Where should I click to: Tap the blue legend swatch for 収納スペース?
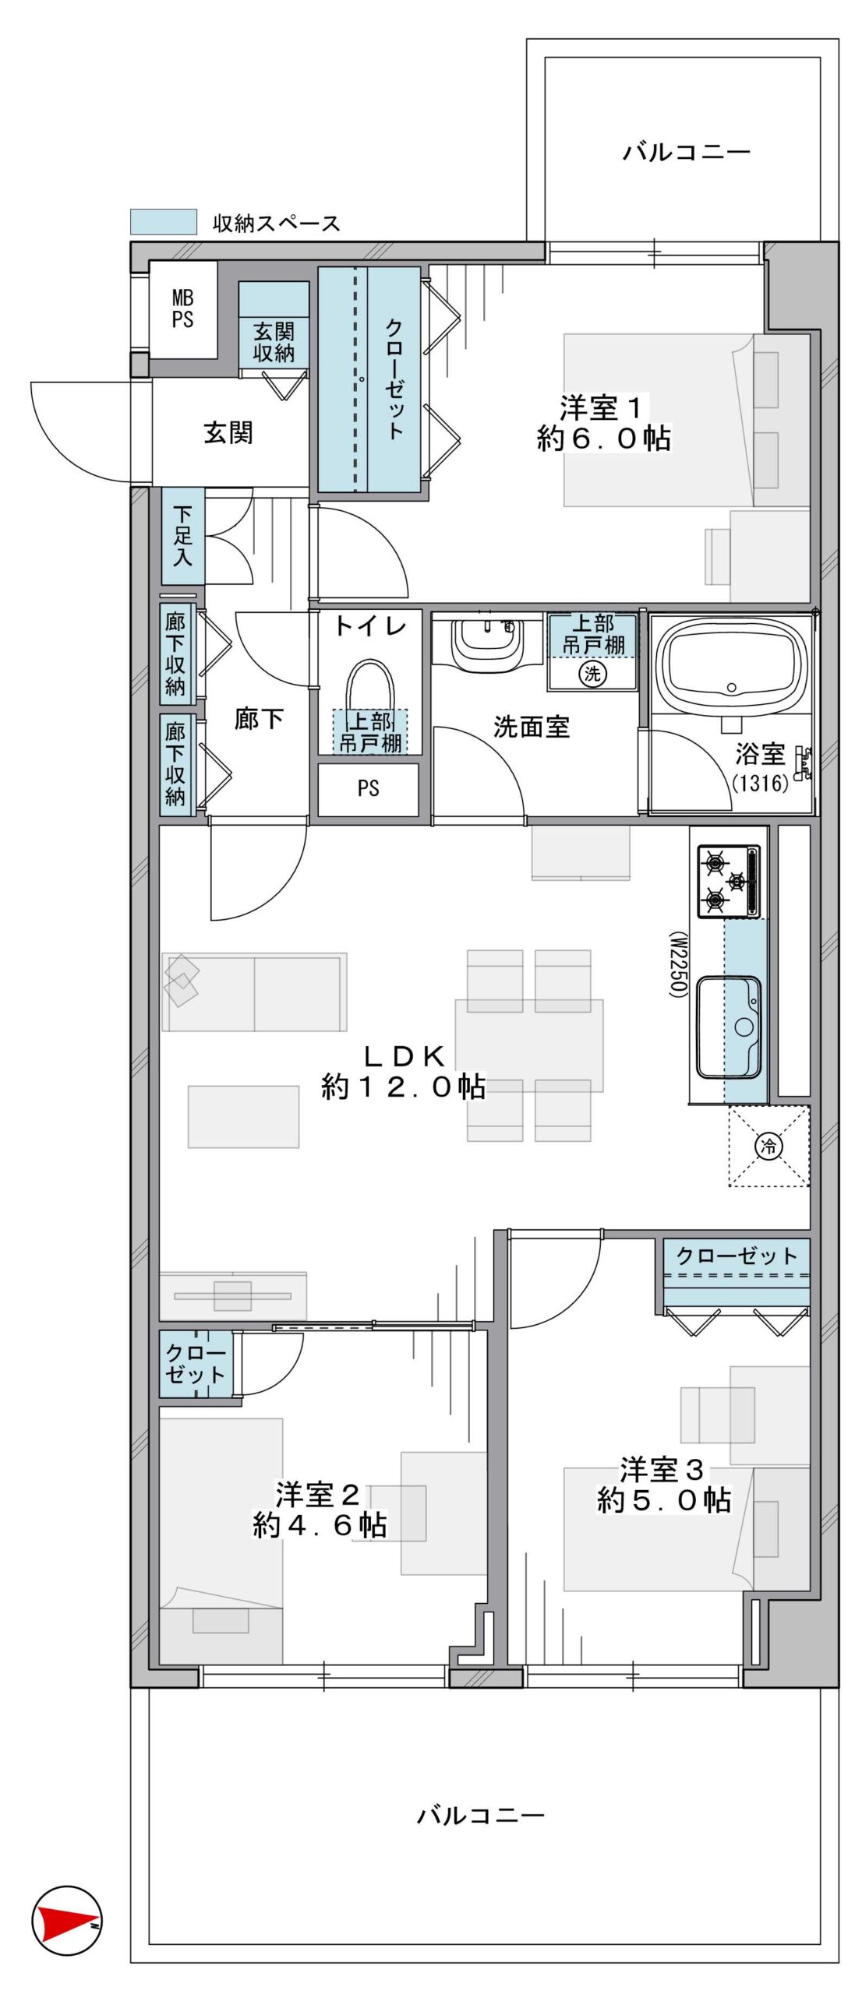click(163, 222)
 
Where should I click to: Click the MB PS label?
click(182, 308)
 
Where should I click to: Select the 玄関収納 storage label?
click(274, 342)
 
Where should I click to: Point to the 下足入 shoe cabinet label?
click(182, 535)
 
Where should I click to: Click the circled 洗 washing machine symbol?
click(592, 673)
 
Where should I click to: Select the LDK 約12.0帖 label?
click(404, 1071)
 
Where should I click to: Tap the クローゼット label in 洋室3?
click(737, 1256)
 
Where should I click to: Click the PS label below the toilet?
click(368, 788)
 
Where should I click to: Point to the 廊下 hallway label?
click(259, 718)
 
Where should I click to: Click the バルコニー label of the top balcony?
click(686, 151)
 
